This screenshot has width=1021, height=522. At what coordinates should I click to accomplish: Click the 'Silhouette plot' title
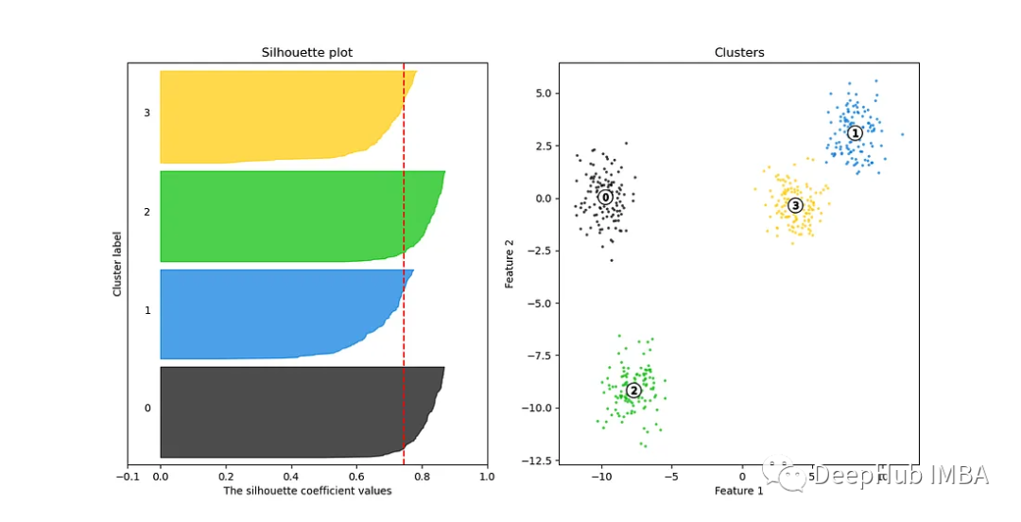(x=307, y=53)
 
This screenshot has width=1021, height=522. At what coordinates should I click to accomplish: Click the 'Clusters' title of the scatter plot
(x=739, y=53)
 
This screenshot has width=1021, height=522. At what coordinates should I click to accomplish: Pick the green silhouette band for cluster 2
(x=284, y=216)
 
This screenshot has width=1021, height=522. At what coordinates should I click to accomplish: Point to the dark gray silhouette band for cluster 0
(x=284, y=412)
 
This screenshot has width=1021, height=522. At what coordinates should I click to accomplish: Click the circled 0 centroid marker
(x=605, y=198)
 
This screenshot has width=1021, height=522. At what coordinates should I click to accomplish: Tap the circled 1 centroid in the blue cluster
(x=855, y=133)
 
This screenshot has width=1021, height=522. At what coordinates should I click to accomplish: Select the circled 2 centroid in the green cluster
(x=633, y=390)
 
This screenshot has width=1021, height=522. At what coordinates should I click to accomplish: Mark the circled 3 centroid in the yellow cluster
(x=795, y=205)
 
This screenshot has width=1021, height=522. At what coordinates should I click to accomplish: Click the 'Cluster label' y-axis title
(x=118, y=264)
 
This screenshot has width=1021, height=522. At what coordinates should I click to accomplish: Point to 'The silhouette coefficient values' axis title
(x=307, y=491)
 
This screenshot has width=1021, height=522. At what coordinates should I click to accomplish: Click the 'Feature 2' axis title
(x=510, y=264)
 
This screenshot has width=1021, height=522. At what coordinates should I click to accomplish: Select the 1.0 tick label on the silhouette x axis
(x=488, y=478)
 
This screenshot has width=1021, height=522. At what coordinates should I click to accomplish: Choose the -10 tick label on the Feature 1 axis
(x=601, y=478)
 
